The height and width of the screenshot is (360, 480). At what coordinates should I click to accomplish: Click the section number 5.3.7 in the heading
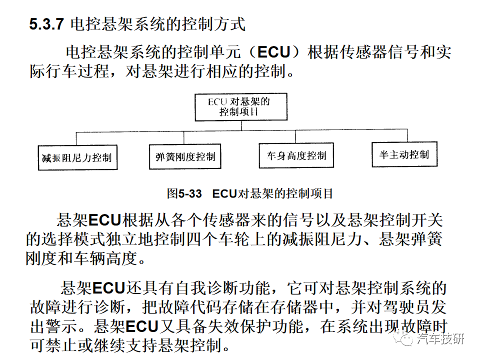coord(46,24)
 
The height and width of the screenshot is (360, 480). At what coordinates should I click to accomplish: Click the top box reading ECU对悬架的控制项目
coord(241,107)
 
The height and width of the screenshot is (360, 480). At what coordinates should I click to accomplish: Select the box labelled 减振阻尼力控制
coord(78,157)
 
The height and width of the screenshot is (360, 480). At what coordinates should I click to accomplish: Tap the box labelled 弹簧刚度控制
coord(185,156)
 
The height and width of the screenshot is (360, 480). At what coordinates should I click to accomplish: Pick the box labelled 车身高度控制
coord(296,155)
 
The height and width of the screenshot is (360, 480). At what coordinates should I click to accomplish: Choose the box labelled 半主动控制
coord(404,154)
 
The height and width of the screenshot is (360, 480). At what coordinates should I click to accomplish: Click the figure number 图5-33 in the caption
coord(184,193)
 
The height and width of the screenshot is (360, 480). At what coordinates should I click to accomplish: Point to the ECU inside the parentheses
coord(273,52)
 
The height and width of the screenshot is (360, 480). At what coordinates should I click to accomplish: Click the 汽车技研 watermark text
coord(441,338)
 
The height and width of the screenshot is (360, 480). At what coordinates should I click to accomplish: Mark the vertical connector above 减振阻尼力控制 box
coord(76,138)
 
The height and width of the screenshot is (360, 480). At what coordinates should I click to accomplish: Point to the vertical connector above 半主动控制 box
coord(407,135)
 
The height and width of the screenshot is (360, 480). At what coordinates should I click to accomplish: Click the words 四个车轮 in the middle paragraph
coord(218,239)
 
